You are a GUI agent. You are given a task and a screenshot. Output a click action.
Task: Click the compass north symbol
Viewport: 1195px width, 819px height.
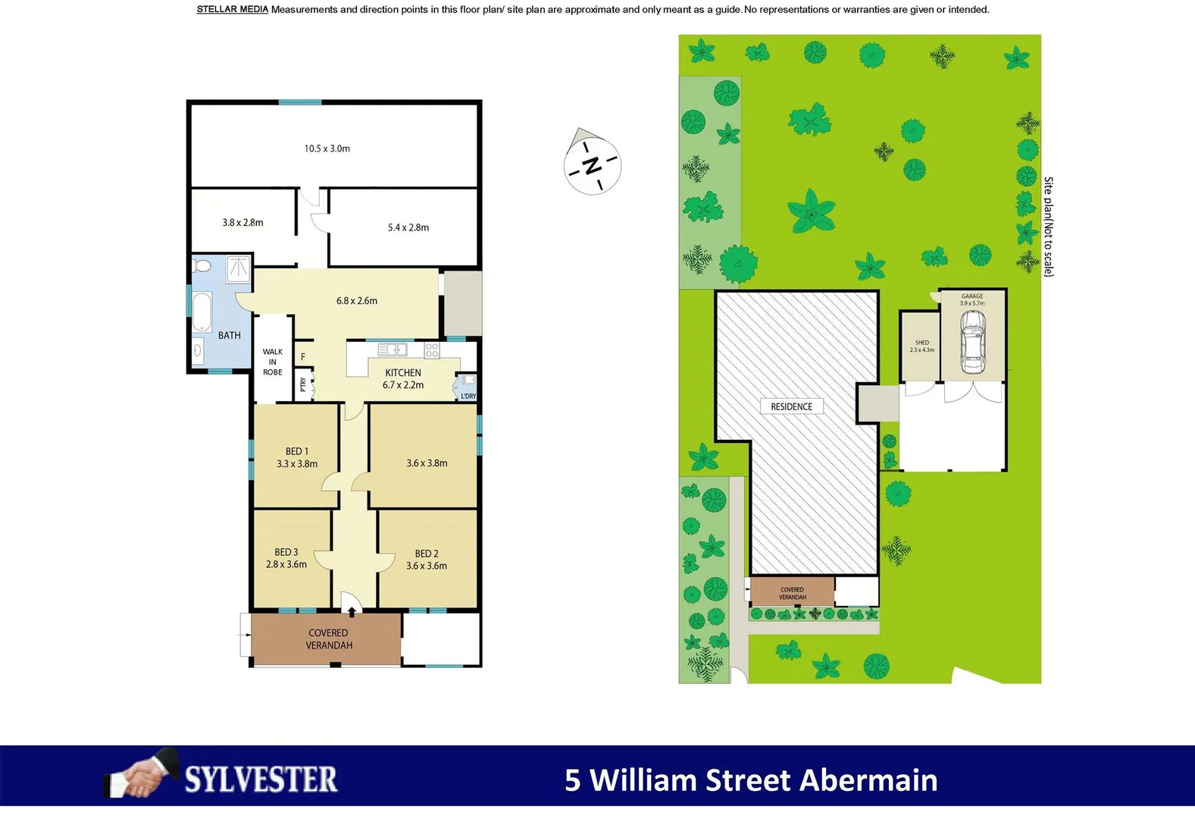pos(592,165)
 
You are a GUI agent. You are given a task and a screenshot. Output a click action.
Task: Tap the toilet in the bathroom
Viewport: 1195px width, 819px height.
pos(202,266)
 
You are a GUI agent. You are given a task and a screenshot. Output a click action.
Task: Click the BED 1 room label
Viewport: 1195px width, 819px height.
pos(296,451)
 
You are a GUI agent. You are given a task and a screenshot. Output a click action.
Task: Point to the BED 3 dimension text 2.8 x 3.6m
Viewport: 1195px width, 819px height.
pos(286,564)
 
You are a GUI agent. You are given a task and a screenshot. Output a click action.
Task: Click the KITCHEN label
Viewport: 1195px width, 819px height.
pos(403,372)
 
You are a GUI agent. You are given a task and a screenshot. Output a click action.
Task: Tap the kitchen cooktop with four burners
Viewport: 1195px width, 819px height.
pos(431,350)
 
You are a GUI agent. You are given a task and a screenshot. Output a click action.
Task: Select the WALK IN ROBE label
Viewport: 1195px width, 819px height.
pos(273,362)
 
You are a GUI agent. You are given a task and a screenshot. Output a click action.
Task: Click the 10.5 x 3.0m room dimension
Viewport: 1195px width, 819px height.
pos(327,149)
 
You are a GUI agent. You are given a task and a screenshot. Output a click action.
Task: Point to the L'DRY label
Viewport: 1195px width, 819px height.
pos(468,396)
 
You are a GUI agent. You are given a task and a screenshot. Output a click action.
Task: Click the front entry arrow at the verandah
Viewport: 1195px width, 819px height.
pos(352,610)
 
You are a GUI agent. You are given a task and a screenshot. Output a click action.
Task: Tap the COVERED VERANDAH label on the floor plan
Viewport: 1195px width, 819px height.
pos(328,639)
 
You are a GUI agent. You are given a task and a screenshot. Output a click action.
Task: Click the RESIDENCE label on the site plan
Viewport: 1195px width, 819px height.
pos(791,406)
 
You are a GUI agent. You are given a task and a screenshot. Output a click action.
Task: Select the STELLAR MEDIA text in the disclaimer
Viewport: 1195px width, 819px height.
pos(232,10)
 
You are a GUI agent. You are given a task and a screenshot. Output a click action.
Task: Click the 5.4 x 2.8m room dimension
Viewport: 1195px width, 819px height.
pos(408,227)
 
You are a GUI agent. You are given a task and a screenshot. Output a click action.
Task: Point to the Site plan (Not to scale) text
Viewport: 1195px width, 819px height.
pos(1048,227)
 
